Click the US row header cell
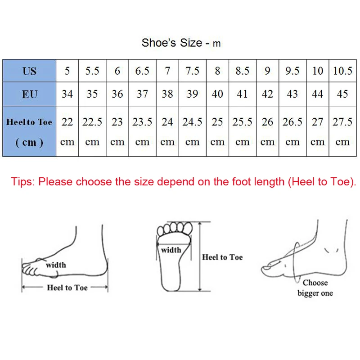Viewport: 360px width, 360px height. (x=29, y=71)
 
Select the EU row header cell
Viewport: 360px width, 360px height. (x=29, y=94)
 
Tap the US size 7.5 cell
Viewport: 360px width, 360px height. (x=192, y=71)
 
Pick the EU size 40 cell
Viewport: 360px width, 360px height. (x=217, y=94)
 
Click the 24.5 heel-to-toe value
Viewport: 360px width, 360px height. (x=192, y=122)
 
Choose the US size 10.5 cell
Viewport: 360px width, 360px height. (x=342, y=71)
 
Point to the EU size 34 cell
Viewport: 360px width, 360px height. (x=67, y=94)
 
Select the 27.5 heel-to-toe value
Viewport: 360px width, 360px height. (x=342, y=122)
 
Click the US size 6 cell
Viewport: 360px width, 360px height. (x=117, y=71)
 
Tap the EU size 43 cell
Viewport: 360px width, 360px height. (x=292, y=94)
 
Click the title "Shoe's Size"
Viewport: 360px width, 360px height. (x=172, y=43)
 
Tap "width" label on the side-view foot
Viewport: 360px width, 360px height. (x=56, y=265)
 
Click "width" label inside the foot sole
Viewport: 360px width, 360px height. (x=171, y=250)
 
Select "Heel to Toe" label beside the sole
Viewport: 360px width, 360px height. (x=222, y=257)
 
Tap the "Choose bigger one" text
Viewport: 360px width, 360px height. (x=315, y=288)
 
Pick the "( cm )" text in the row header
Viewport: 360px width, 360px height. (x=29, y=142)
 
